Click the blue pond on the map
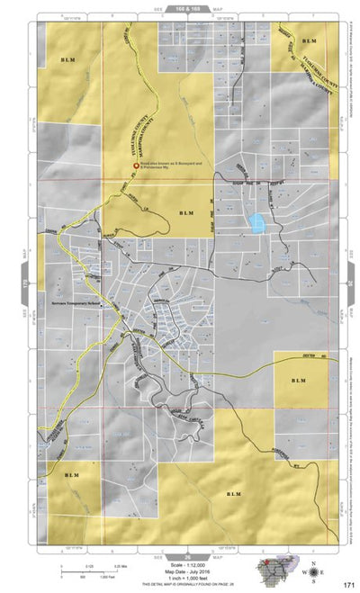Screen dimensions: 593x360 coord(258,221)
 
